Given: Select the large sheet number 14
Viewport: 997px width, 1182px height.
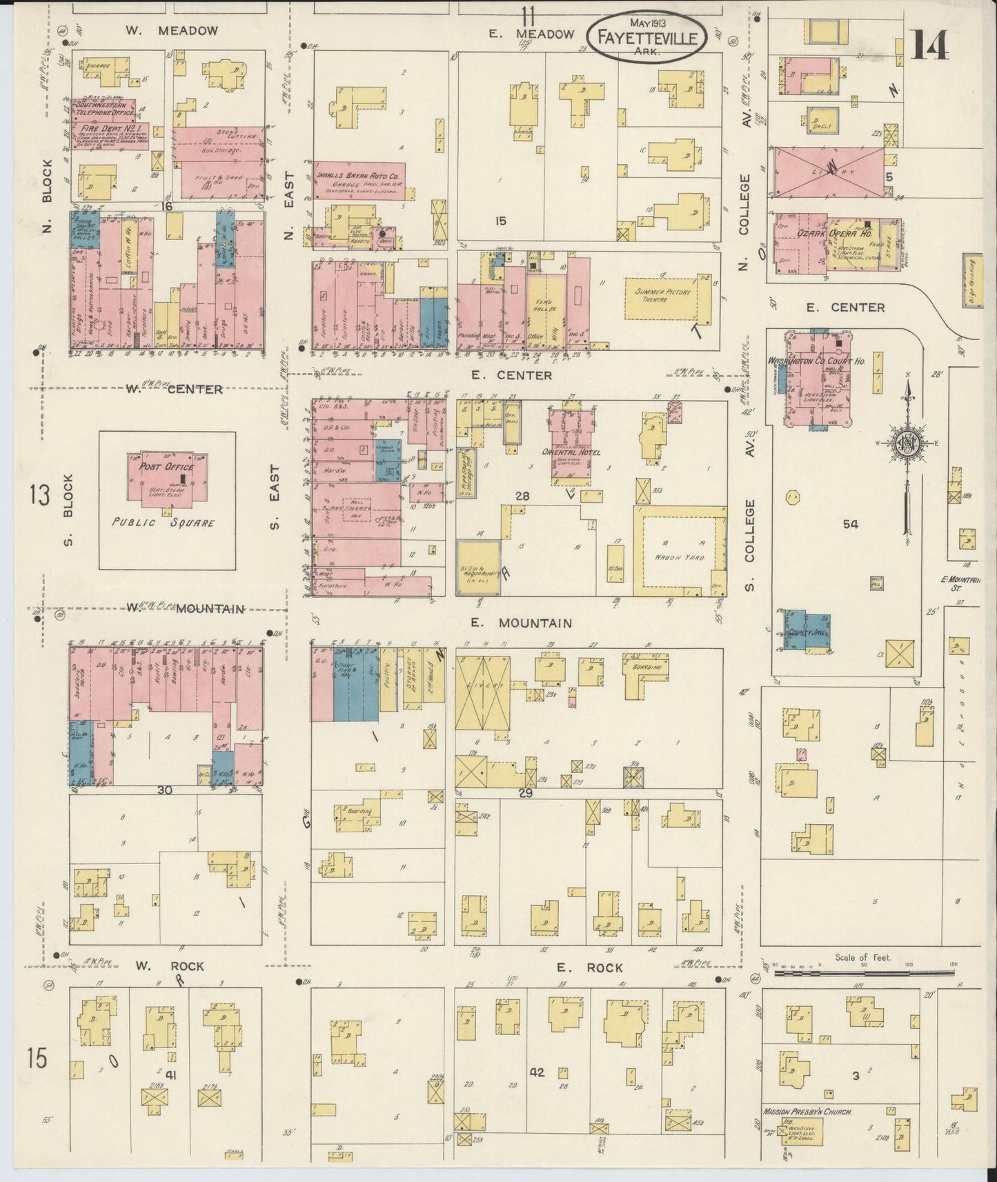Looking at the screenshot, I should (x=929, y=46).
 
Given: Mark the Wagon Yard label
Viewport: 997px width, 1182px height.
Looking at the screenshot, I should (x=684, y=557).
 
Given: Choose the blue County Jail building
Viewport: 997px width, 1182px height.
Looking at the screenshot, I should (x=809, y=632).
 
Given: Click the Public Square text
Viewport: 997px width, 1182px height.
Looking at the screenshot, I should (x=163, y=523).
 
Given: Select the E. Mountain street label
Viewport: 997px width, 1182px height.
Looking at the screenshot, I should (x=521, y=623).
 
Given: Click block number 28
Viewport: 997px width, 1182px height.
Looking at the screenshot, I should (x=521, y=496).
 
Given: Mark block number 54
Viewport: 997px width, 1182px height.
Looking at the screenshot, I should (x=850, y=524).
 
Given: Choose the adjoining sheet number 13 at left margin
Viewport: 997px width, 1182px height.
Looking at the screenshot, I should (x=39, y=495).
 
